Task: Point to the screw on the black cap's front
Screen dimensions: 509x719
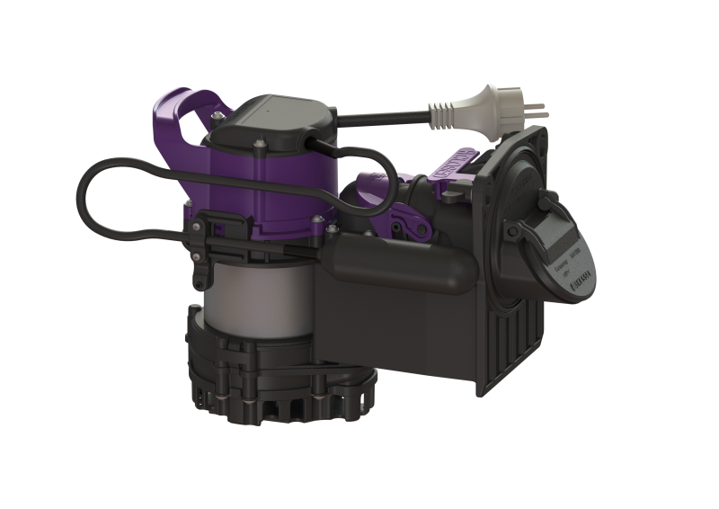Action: [x=259, y=145]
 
